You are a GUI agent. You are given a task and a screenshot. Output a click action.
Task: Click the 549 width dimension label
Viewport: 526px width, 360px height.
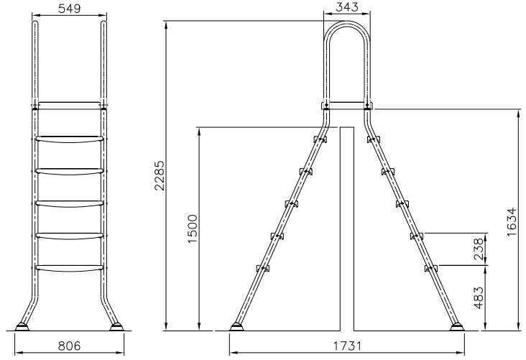coord(70,9)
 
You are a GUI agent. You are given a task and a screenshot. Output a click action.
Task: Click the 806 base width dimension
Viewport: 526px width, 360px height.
coord(70,346)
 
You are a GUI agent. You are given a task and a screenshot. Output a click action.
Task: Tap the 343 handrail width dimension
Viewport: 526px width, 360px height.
coord(347,7)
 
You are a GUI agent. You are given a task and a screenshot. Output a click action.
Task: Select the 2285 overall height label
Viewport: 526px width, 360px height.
coord(160,175)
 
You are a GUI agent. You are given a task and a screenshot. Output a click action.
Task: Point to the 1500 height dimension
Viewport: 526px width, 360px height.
coord(193,229)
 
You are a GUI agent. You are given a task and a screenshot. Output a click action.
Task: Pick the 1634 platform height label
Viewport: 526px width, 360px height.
coord(512,222)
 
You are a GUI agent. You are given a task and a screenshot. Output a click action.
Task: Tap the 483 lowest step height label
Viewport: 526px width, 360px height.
coord(479,297)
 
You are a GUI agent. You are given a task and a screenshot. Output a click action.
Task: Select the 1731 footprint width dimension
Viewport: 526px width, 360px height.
coord(347,346)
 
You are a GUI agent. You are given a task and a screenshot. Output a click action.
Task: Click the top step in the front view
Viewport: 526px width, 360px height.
coord(70,139)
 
